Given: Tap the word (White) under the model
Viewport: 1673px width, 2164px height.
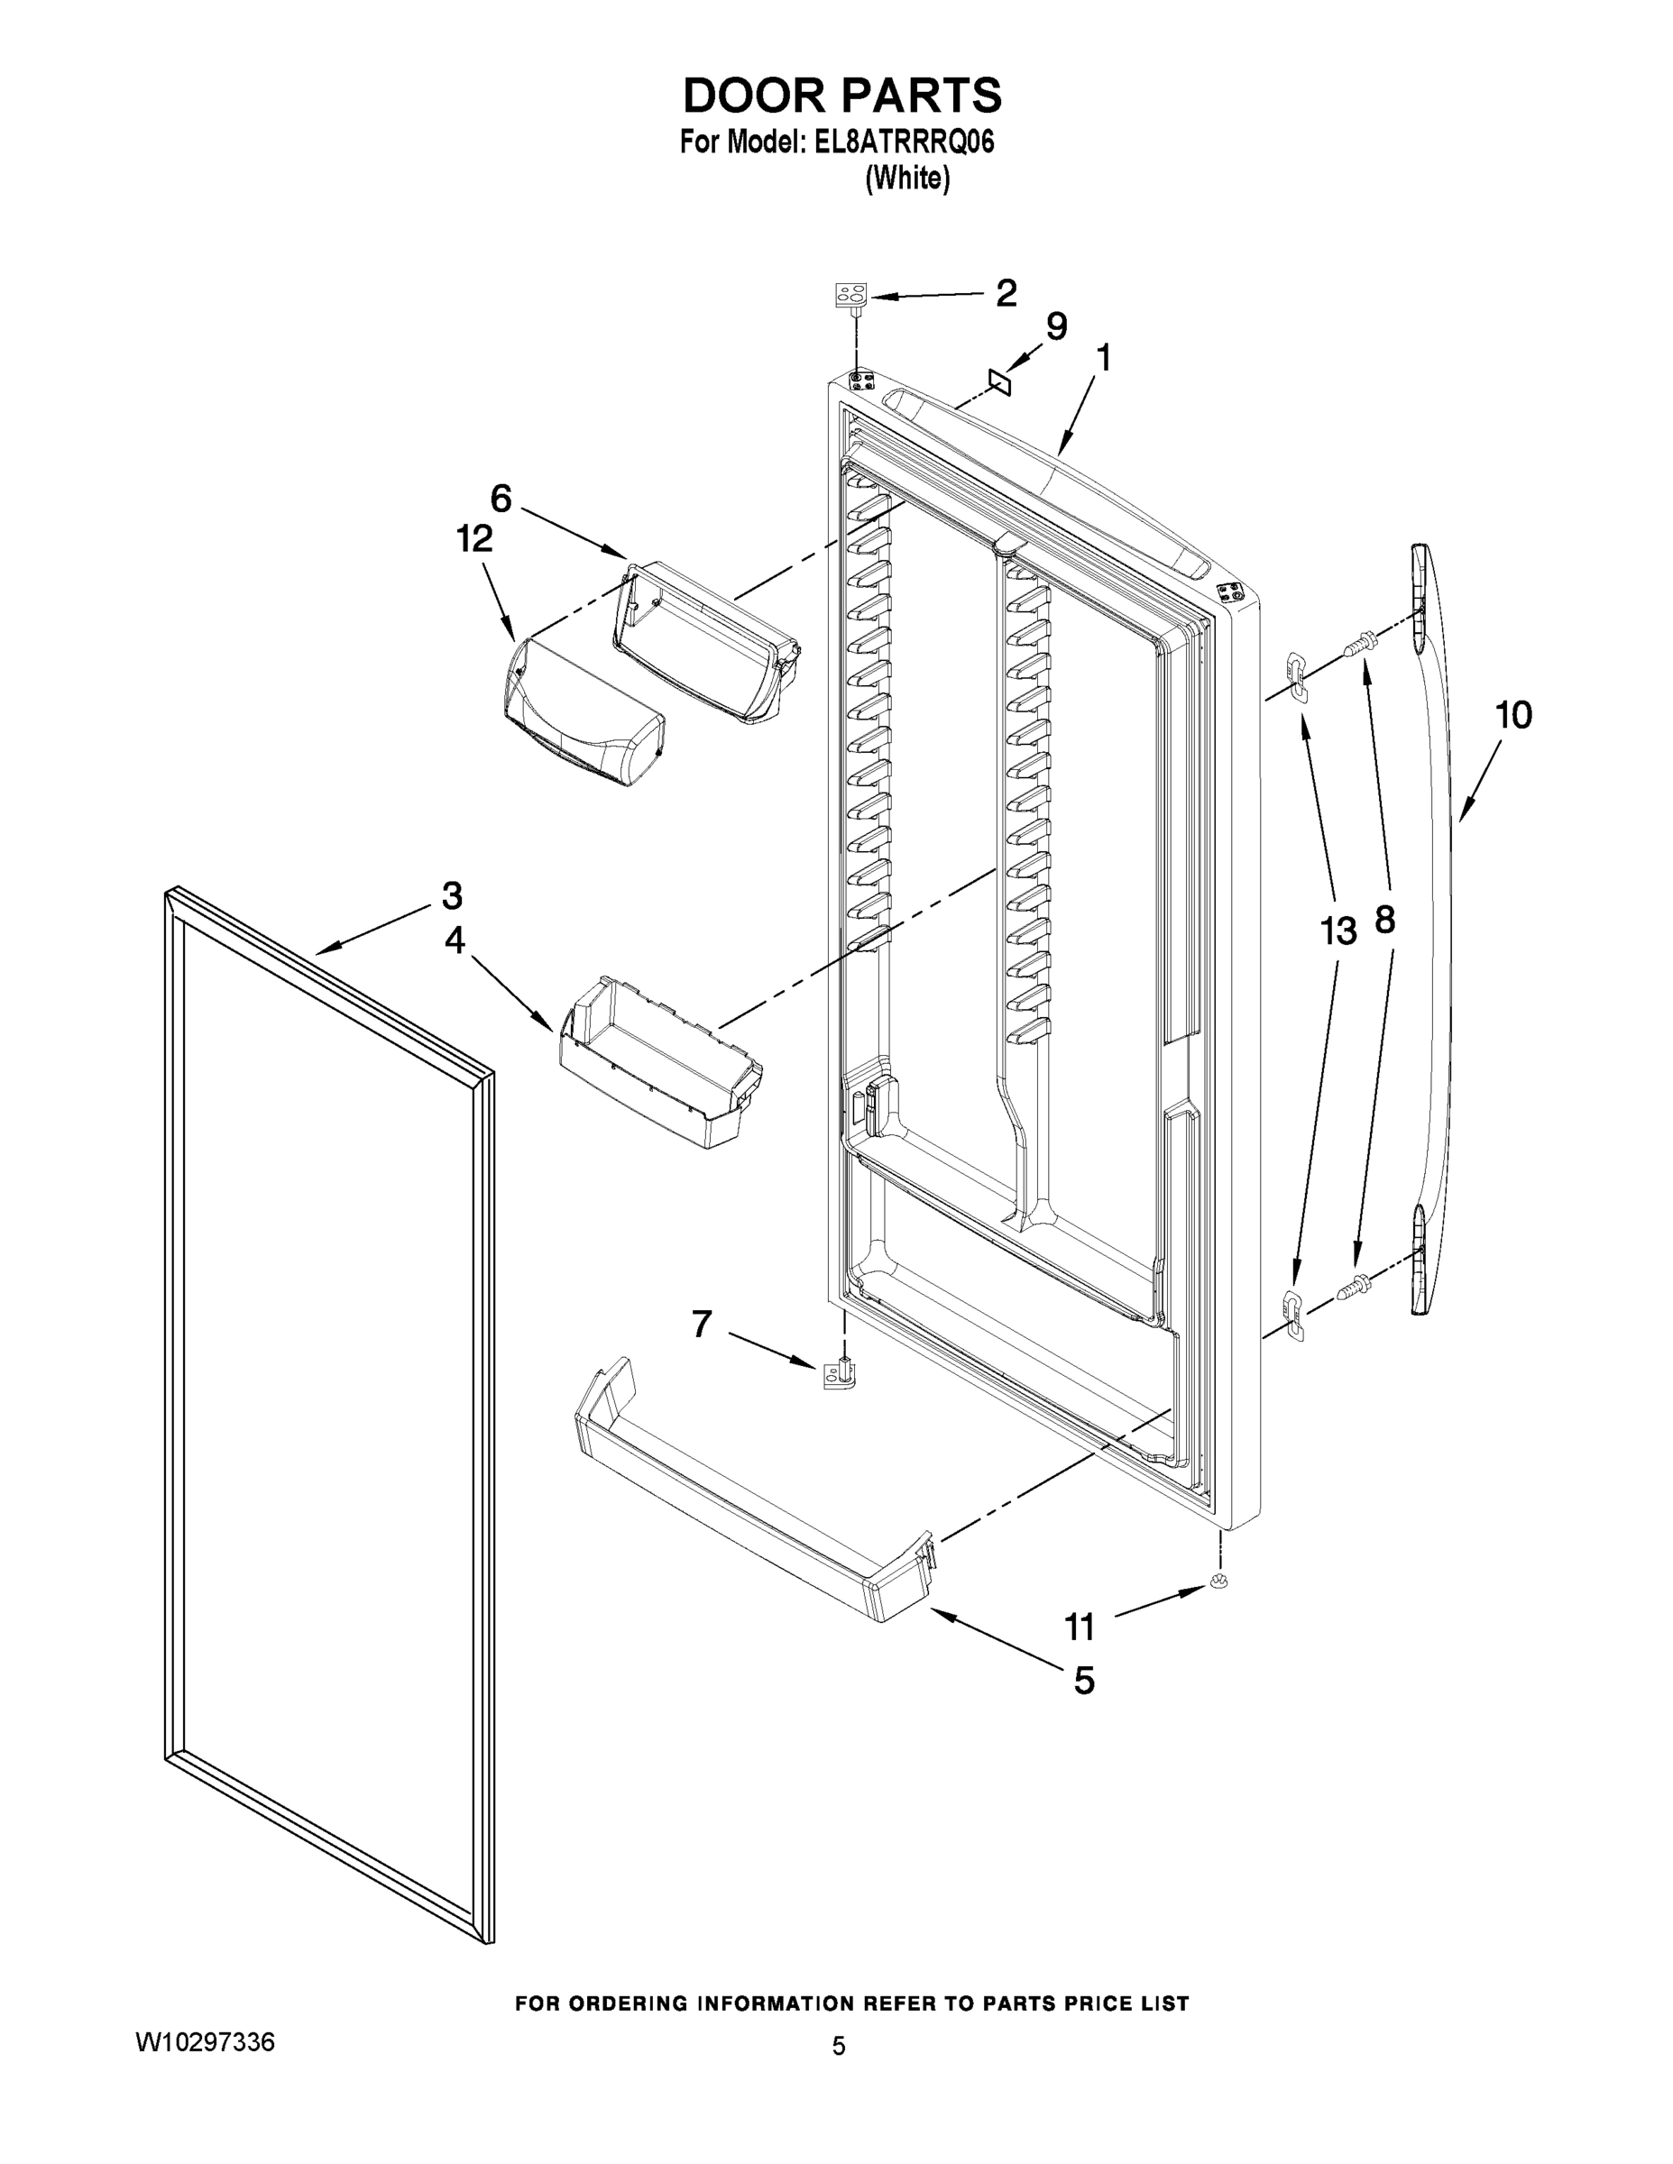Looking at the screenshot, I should click(907, 179).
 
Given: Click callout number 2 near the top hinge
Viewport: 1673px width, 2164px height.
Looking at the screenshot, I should click(1005, 293).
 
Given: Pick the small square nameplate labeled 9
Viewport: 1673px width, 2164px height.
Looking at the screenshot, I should click(999, 381).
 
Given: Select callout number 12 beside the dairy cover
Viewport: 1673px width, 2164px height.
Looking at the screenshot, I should click(473, 540).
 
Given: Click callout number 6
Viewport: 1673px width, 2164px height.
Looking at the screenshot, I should click(501, 499).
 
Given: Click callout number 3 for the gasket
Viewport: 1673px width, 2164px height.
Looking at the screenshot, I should click(452, 895).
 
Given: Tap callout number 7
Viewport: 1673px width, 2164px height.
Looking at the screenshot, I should click(702, 1324).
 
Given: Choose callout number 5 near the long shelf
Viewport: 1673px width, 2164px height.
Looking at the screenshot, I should click(1084, 1681).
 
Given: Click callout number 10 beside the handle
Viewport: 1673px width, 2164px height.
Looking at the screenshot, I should click(1513, 714).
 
